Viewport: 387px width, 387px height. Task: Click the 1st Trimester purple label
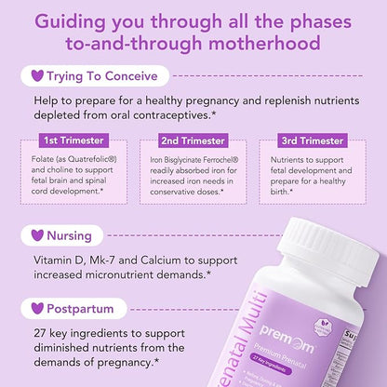click(x=74, y=140)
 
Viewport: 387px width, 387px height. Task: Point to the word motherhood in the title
click(x=268, y=43)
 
